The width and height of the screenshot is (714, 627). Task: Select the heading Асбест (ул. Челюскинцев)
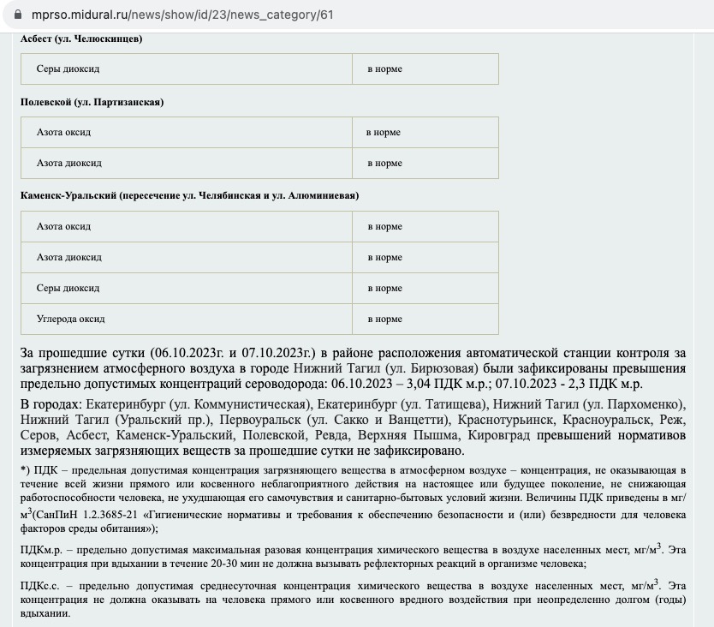81,39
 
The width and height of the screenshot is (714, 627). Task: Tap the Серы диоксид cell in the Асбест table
68,69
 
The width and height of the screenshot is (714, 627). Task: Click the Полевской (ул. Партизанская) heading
92,102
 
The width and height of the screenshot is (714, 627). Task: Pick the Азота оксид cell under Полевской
63,133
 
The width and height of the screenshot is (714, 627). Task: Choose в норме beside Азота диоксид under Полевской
384,164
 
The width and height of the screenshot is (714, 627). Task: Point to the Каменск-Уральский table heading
189,195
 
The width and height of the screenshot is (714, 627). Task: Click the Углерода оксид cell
70,319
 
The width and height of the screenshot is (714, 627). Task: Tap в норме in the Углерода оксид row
384,319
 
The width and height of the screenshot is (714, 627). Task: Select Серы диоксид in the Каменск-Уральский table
68,289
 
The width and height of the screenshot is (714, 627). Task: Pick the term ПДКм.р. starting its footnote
39,548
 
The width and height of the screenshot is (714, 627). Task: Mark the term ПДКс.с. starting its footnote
39,585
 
